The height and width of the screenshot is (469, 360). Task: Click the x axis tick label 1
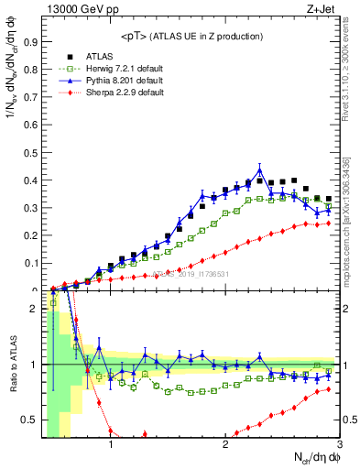(111, 446)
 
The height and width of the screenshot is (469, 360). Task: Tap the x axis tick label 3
(339, 446)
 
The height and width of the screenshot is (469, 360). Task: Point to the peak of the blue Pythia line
(260, 169)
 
